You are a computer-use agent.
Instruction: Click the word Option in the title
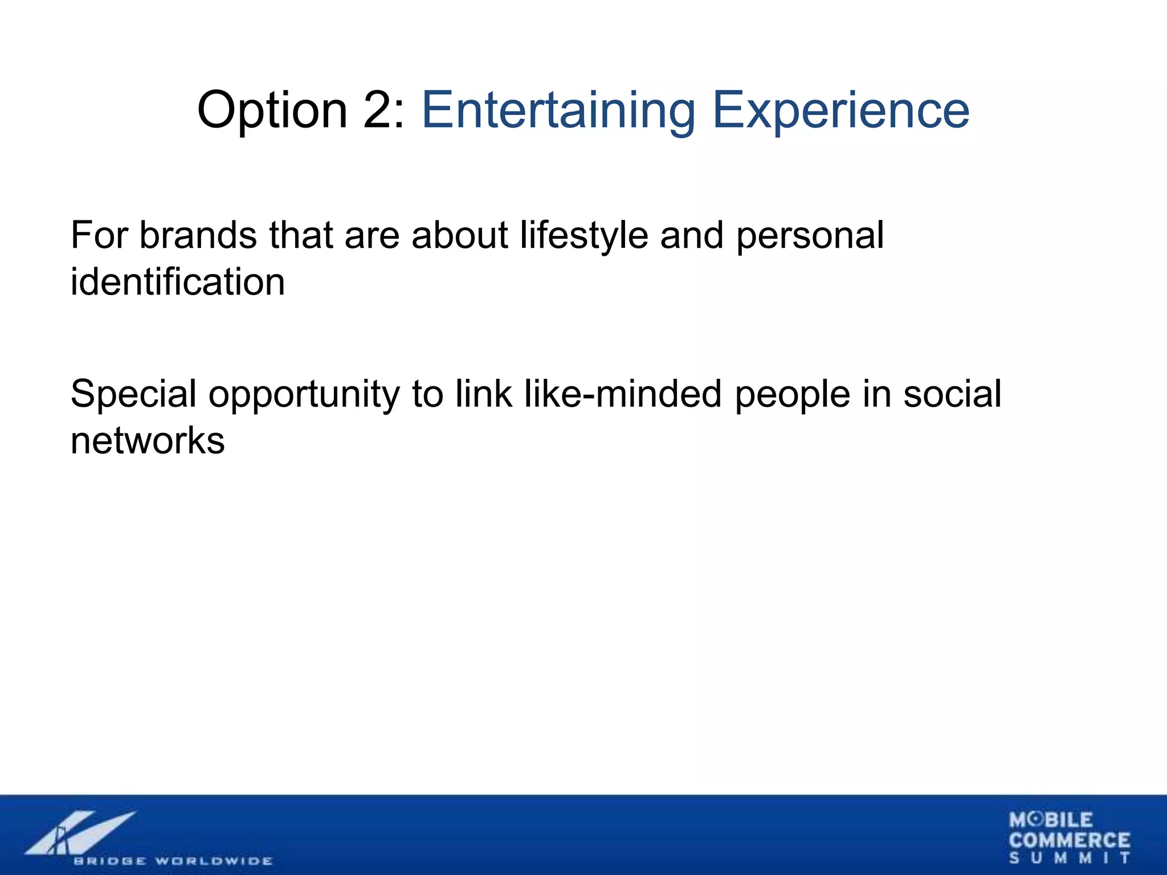272,111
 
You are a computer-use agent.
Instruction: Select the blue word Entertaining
558,111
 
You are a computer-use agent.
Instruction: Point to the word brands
198,235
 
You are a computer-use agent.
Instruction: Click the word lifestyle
584,236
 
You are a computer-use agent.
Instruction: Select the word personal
810,236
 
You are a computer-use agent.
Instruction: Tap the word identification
177,282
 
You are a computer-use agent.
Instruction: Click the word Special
133,395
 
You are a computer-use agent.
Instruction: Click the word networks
148,441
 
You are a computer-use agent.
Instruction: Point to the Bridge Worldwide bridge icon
80,833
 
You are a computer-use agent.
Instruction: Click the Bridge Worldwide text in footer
173,861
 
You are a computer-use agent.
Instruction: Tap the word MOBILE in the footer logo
1051,820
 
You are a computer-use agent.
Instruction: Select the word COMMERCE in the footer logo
1069,840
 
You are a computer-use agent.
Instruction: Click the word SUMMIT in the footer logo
1069,858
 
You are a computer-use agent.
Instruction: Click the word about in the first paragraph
459,235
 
